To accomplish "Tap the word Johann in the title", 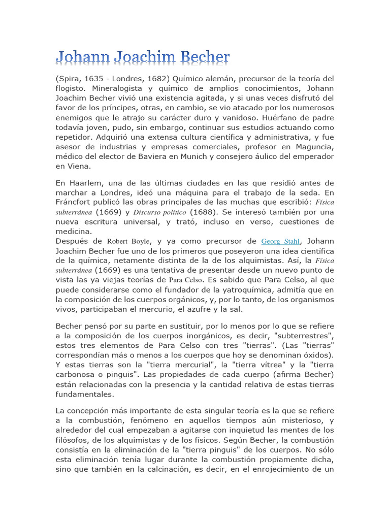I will point(81,57).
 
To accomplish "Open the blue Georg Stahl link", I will point(280,241).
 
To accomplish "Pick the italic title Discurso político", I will point(160,212).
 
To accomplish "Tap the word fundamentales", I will point(85,393).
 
